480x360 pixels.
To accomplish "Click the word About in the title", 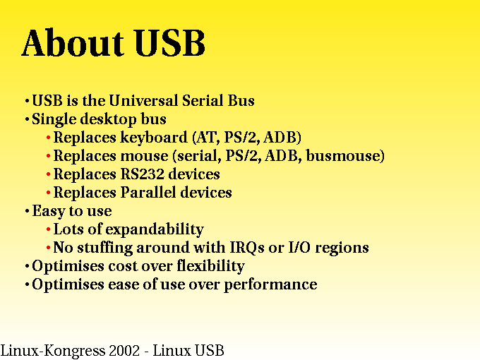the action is pos(73,42).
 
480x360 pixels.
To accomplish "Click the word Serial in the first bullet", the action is pos(203,100).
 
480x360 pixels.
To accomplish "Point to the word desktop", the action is pos(109,119).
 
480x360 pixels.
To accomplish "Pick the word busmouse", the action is pos(345,155).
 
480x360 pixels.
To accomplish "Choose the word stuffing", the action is pos(104,248).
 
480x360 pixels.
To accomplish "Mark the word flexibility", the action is pos(211,266).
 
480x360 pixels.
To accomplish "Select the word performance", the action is pos(270,284).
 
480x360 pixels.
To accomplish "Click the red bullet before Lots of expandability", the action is pos(49,229).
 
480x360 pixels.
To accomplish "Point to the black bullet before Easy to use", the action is pos(27,211).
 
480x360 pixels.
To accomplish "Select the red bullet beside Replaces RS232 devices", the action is pos(49,174).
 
